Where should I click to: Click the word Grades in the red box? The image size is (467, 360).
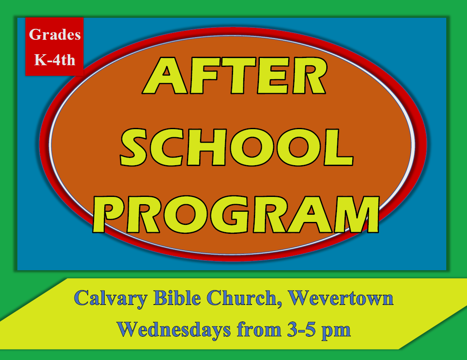pos(55,35)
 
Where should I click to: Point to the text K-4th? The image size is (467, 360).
pos(55,60)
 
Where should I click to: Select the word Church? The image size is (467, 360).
pos(240,298)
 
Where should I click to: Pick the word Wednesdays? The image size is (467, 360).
pos(175,329)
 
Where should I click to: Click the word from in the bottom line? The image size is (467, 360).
pos(259,329)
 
